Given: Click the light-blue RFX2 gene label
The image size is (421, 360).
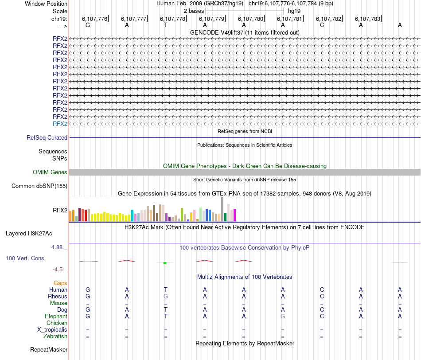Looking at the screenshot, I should pos(60,124).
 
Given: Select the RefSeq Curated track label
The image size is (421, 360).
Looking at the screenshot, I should pos(47,138).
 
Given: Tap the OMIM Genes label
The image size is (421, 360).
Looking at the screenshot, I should pos(50,172).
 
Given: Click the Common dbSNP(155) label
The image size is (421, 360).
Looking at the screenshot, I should pos(39,186).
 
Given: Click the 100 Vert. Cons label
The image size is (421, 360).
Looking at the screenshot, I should pos(25,258).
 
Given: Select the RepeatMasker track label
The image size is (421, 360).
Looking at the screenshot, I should pos(49,350).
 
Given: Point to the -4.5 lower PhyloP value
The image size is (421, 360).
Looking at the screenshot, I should pos(59,269).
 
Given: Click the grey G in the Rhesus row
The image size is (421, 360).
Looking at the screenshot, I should pos(166,296).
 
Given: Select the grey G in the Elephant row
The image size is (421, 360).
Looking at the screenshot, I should pos(283,317).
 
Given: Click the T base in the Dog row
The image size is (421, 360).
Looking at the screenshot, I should pos(166,309).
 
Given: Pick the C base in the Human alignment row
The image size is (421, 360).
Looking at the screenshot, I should pos(322,290).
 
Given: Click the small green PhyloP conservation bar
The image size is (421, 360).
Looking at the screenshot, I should pos(165,263).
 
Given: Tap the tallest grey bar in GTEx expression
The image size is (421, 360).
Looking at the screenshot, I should pos(222,209).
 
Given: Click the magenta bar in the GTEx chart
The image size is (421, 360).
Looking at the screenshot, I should pos(234,215).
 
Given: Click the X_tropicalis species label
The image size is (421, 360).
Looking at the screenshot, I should pos(52,330).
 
